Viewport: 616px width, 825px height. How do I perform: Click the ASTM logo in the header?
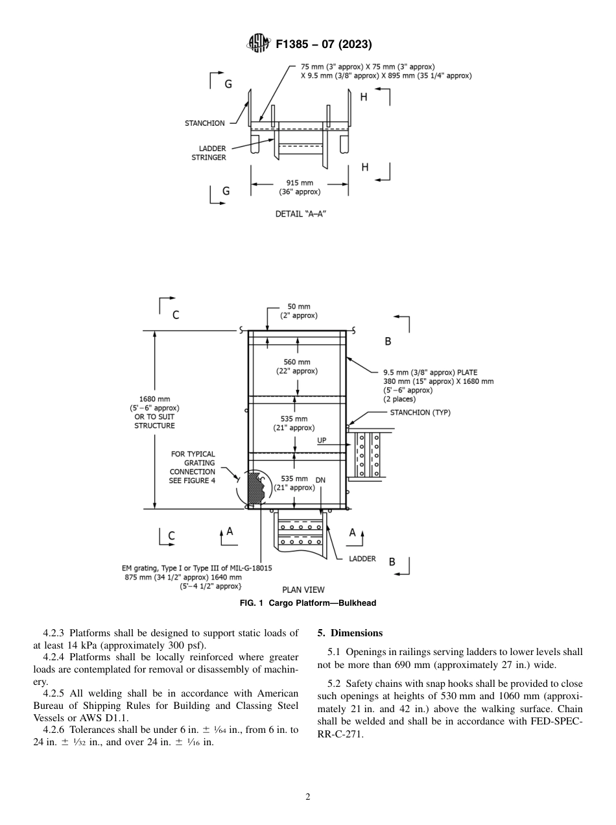pos(259,44)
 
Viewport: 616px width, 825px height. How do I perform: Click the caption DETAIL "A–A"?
pos(299,213)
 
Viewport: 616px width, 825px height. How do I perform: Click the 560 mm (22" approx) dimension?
pos(297,366)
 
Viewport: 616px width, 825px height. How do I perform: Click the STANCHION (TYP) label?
pos(420,413)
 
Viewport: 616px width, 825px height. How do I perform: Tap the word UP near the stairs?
pos(322,440)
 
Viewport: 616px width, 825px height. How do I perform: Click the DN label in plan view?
pos(320,480)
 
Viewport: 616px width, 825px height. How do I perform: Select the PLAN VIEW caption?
pos(303,590)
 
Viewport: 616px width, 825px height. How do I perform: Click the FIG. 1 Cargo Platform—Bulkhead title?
pos(308,603)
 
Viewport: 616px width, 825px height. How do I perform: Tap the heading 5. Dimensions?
pos(350,633)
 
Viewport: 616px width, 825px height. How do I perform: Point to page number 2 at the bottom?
pos(308,797)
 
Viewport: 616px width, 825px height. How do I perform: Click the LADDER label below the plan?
pos(362,558)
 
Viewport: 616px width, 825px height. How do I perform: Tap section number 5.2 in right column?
pos(334,684)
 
